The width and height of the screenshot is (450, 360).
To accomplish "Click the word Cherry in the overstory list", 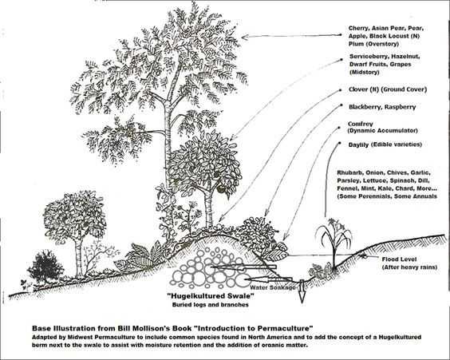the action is (357, 28).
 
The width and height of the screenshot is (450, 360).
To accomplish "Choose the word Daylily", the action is (358, 144).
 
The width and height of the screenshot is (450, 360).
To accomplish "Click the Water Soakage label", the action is (273, 287).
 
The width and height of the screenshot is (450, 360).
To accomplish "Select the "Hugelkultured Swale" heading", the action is (211, 295).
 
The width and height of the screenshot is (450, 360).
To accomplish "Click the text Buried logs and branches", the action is (211, 305).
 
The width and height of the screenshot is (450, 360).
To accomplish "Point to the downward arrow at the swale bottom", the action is (302, 291).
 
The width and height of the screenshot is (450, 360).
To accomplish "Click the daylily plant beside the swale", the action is (334, 244).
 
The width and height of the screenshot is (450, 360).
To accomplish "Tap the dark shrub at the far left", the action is (45, 266).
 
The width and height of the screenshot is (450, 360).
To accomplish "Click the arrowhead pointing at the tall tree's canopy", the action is (245, 37).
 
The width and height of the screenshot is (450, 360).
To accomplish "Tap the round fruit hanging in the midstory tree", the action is (221, 188).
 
